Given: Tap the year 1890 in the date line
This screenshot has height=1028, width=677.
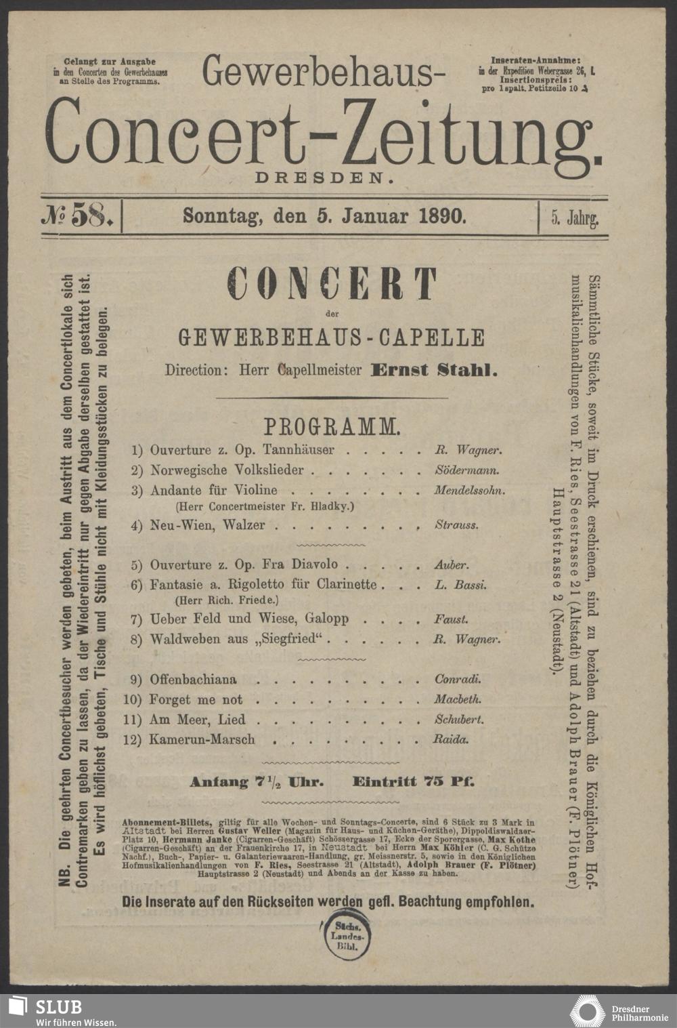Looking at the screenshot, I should [442, 216].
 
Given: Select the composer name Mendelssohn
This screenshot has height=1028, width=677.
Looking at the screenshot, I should [469, 491].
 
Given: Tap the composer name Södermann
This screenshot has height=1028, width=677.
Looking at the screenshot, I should [467, 470].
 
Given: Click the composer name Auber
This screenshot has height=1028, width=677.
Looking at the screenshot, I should [451, 564].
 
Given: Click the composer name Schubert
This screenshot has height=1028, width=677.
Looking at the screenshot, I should [459, 720].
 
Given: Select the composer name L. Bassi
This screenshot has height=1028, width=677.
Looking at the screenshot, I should [460, 585].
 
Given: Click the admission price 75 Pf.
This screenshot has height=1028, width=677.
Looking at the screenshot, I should [447, 781].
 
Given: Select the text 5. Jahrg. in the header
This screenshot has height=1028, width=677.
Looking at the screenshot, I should [574, 218].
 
